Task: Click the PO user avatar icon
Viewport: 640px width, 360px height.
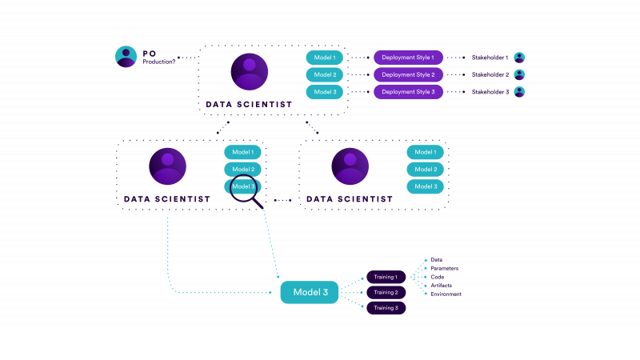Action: click(x=126, y=57)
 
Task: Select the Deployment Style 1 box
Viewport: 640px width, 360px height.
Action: click(x=408, y=58)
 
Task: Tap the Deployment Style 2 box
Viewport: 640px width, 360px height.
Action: click(x=408, y=74)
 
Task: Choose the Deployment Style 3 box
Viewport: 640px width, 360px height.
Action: click(x=408, y=92)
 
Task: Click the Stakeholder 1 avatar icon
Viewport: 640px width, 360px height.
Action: click(x=519, y=58)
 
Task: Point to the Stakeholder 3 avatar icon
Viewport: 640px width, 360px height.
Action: click(x=519, y=92)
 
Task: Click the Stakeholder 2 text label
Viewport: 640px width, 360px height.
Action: click(x=490, y=74)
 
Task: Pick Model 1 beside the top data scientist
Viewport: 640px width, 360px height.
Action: click(x=325, y=58)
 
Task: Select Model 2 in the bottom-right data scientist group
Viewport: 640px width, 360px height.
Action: click(x=425, y=170)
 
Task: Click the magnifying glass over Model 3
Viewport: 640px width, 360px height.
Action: click(x=244, y=189)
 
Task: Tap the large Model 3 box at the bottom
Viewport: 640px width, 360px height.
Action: click(x=310, y=292)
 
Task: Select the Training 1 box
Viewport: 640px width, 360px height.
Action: click(x=386, y=277)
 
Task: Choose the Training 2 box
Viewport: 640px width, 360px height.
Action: click(x=386, y=293)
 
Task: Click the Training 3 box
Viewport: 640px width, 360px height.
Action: click(x=386, y=308)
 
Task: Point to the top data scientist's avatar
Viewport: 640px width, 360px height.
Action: click(x=250, y=72)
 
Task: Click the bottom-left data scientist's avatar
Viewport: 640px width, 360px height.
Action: click(x=167, y=166)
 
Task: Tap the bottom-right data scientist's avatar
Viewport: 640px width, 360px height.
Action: click(x=350, y=166)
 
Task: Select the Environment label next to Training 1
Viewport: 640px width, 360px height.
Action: click(x=446, y=294)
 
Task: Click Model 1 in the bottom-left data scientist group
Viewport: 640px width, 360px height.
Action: click(x=242, y=152)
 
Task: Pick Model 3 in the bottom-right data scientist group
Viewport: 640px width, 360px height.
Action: click(x=425, y=186)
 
